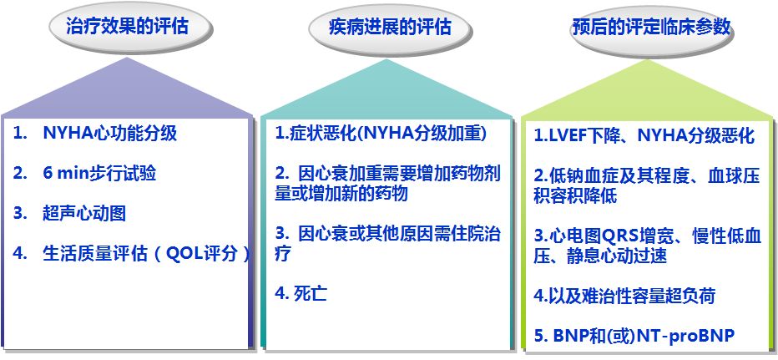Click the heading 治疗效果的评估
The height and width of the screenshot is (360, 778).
128,27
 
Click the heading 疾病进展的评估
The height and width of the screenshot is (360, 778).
390,27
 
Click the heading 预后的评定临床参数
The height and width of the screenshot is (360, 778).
651,27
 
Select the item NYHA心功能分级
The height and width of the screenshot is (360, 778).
109,134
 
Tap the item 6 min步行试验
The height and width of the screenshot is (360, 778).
99,173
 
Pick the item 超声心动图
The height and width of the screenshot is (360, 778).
84,213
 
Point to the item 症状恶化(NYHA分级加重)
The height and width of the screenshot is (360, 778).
380,134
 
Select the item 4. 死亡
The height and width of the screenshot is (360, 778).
301,293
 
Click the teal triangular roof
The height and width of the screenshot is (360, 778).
387,89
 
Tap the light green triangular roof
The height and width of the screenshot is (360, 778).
648,89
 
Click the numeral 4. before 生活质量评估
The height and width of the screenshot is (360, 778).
19,253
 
